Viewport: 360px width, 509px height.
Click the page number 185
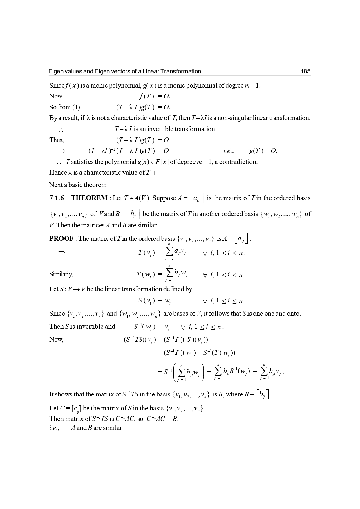tap(305, 71)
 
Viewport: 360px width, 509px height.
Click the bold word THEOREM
tap(89, 198)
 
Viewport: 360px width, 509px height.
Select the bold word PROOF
tap(61, 239)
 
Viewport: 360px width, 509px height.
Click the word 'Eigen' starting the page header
tap(55, 71)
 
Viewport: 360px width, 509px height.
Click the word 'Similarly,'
tap(61, 274)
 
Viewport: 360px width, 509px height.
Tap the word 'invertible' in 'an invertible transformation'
tap(160, 129)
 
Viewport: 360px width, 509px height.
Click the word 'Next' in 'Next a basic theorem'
tap(55, 185)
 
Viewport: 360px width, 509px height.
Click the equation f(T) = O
tap(154, 96)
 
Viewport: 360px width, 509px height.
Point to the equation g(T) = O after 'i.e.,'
tap(263, 151)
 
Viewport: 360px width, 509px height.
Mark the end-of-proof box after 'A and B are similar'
tap(125, 428)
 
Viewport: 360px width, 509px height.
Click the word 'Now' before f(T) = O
tap(56, 96)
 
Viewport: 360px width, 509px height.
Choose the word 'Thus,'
tap(56, 140)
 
